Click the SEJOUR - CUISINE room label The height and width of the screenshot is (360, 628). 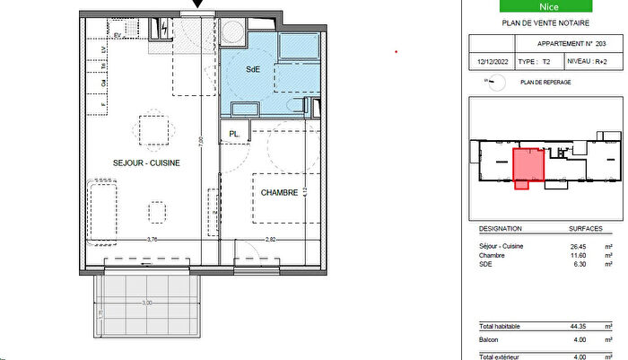146,163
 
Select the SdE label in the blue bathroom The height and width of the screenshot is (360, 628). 254,69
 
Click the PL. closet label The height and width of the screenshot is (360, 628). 234,135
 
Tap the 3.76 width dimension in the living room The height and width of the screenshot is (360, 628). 153,239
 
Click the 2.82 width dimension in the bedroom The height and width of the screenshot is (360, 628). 271,239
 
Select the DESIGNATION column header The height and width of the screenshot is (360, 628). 500,229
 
